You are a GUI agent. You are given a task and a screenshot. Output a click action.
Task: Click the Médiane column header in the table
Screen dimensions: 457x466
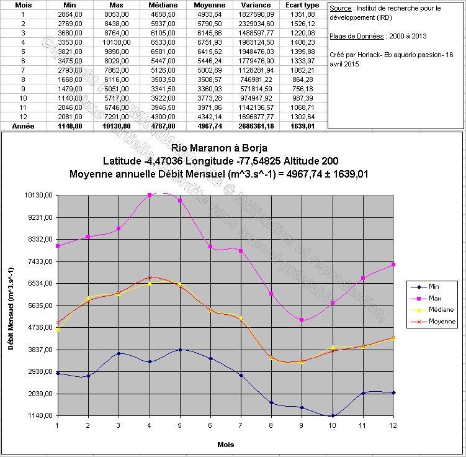pyautogui.click(x=164, y=4)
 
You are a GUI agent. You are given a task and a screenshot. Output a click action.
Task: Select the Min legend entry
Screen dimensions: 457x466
pyautogui.click(x=434, y=286)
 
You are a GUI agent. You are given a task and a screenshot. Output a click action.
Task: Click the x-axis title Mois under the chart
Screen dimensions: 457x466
pyautogui.click(x=225, y=445)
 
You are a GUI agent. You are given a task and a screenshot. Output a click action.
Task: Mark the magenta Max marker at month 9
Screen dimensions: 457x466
pyautogui.click(x=302, y=320)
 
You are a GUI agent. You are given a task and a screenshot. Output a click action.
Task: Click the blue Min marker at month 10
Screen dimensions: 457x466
pyautogui.click(x=333, y=415)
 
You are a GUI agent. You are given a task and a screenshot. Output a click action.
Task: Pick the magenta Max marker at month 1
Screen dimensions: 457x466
pyautogui.click(x=57, y=246)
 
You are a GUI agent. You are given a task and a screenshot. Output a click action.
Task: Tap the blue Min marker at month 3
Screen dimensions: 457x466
pyautogui.click(x=119, y=353)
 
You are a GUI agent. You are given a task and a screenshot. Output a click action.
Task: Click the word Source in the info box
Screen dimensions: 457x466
pyautogui.click(x=341, y=9)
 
